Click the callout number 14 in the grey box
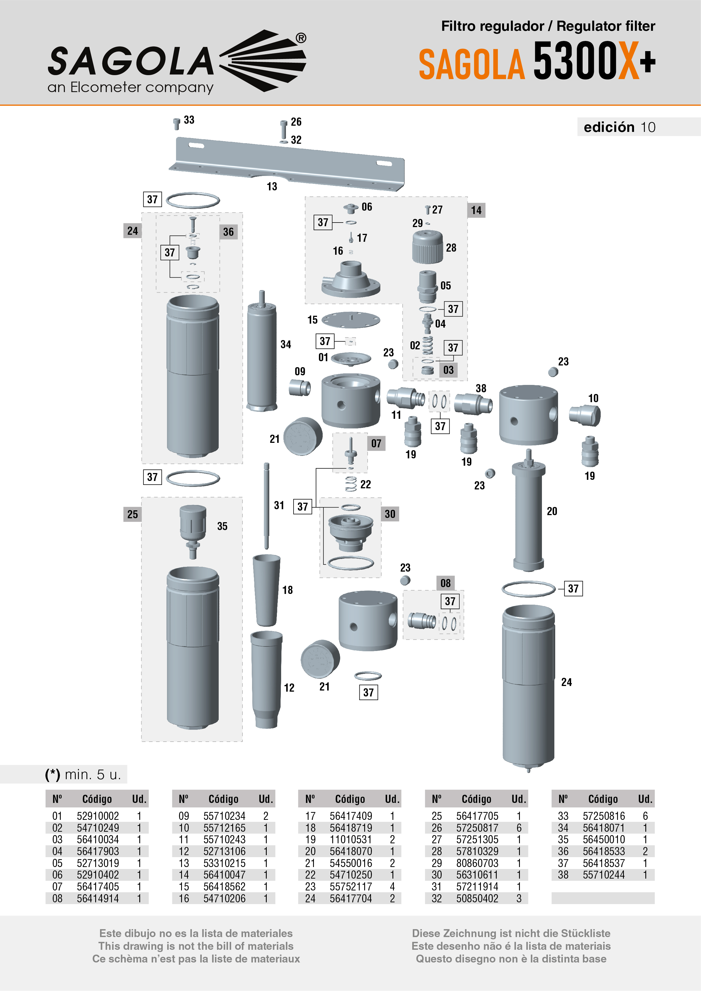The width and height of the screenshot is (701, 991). (476, 210)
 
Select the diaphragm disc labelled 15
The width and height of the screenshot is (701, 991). (351, 320)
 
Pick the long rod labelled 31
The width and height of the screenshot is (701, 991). (266, 505)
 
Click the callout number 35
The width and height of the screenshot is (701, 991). (222, 526)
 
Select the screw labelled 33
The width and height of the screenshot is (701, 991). (176, 124)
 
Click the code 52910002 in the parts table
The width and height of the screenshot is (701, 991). (97, 816)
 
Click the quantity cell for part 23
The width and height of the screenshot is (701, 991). (392, 887)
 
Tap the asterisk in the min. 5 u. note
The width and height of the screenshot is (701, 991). (53, 774)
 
